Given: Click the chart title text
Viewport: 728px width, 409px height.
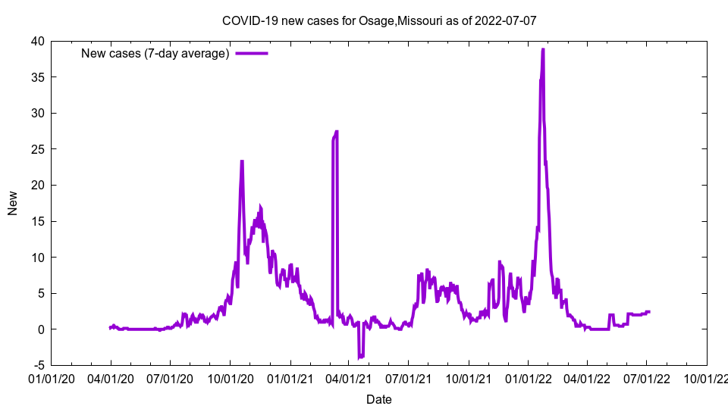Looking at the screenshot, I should [379, 20].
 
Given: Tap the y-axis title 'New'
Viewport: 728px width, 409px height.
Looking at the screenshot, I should [13, 203].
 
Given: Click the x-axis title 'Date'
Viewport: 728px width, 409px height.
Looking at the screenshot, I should [379, 399].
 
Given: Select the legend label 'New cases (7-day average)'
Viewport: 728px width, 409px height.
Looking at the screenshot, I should [155, 53].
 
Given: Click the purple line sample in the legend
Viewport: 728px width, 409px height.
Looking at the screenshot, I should [252, 53].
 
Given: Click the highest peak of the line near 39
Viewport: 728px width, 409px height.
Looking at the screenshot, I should [543, 50].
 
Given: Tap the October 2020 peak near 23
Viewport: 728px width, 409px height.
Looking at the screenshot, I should [242, 162].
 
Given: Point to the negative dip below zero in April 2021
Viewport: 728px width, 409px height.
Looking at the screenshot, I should [361, 356].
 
